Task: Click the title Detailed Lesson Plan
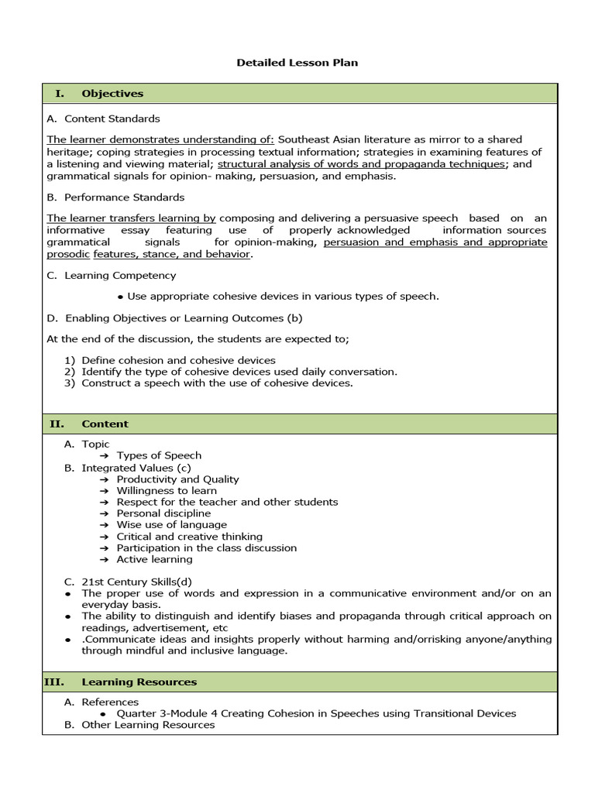[297, 62]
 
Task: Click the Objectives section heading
[112, 94]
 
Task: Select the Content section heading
[105, 424]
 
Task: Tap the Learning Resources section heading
[139, 681]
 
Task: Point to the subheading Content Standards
[112, 118]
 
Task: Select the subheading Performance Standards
[124, 197]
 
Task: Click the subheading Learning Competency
[120, 275]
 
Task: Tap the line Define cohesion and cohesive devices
[178, 360]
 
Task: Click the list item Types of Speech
[159, 455]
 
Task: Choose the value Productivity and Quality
[177, 479]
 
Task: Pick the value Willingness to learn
[167, 490]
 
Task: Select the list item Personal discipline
[163, 513]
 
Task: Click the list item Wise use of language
[171, 524]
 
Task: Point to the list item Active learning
[154, 559]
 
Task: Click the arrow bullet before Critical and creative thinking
[104, 537]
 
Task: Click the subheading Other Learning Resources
[148, 725]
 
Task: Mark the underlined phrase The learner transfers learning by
[131, 218]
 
